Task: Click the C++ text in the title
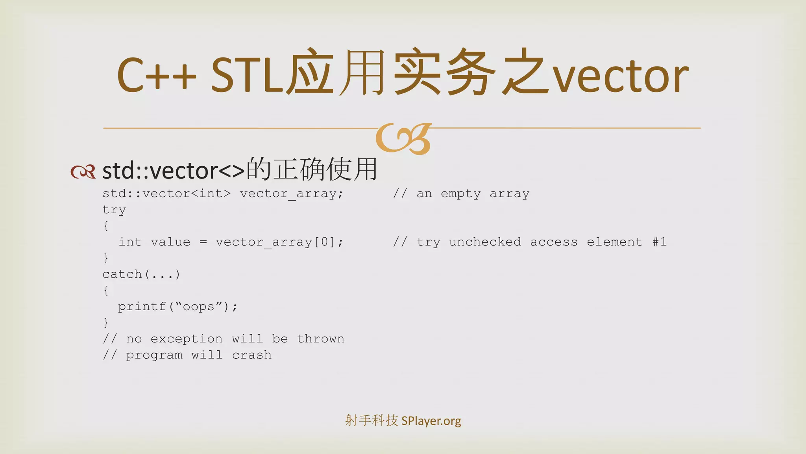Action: [x=156, y=75]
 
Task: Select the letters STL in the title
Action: [x=247, y=75]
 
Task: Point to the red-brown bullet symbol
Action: [x=83, y=171]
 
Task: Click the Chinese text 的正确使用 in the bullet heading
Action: [x=312, y=169]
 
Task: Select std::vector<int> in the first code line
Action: [x=166, y=194]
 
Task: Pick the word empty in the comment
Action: [x=460, y=194]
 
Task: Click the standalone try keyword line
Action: [x=114, y=210]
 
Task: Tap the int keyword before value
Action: [x=130, y=242]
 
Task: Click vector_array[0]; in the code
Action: [x=279, y=242]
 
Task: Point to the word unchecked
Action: [x=485, y=242]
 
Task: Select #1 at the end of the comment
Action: [x=660, y=242]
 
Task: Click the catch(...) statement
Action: [x=141, y=274]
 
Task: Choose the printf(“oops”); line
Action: [x=177, y=306]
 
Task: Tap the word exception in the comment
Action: [x=186, y=339]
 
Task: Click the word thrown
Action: [x=320, y=339]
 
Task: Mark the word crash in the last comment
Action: [x=251, y=355]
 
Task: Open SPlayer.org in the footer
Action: [x=431, y=421]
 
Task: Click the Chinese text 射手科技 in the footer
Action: [x=371, y=421]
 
